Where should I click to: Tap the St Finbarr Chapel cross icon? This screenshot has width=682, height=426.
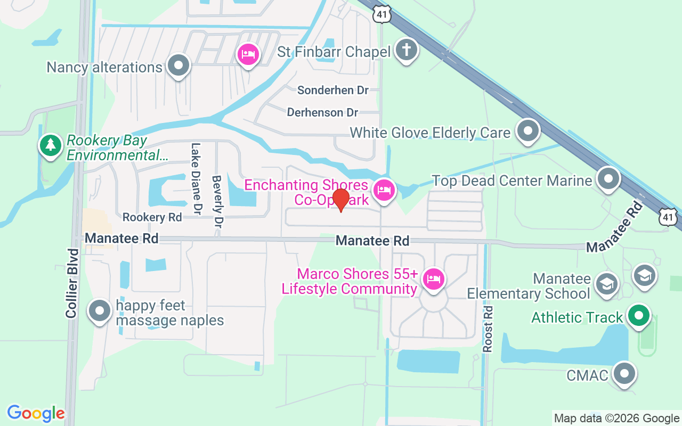[407, 51]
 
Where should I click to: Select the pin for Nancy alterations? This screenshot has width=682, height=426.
[178, 66]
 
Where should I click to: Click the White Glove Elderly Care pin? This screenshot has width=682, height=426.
[528, 130]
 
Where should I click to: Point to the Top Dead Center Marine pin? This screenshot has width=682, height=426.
[608, 179]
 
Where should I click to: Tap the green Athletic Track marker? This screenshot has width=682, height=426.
[638, 316]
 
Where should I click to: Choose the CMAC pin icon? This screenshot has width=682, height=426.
[624, 374]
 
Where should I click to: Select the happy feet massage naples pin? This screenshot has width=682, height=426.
[99, 312]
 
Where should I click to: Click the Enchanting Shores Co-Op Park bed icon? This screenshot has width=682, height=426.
[384, 190]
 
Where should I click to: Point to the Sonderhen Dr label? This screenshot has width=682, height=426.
[333, 90]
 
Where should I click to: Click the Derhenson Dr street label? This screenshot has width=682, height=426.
[322, 112]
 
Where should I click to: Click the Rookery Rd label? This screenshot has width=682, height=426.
[152, 217]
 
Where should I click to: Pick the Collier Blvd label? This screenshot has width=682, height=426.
[72, 283]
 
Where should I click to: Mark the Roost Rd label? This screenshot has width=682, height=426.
[488, 329]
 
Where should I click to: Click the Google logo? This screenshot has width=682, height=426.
[36, 413]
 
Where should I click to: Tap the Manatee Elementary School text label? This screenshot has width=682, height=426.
[529, 286]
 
